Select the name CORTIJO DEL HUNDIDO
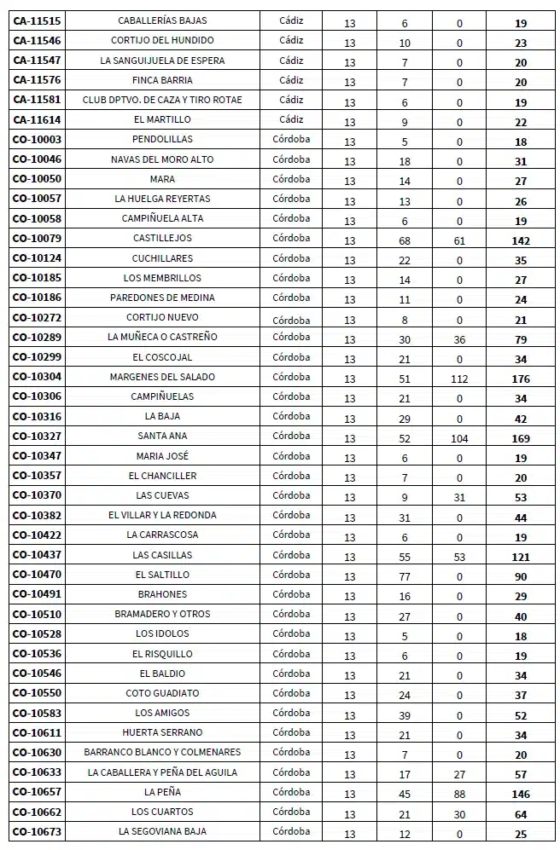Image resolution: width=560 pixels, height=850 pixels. click(x=162, y=40)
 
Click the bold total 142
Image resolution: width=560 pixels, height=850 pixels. click(x=521, y=241)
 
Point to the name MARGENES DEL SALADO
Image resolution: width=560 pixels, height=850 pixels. click(x=162, y=377)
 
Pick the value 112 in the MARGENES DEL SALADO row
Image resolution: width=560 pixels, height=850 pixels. click(x=459, y=379)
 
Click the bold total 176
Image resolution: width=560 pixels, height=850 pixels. click(x=521, y=379)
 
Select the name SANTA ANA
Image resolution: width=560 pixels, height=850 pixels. click(x=162, y=437)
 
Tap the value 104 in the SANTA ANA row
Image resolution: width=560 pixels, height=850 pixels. click(x=459, y=439)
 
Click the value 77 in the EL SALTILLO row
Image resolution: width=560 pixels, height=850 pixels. click(x=405, y=577)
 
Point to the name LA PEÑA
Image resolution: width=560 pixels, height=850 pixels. click(x=162, y=792)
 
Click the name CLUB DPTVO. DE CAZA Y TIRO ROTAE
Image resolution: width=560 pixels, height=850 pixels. click(x=162, y=100)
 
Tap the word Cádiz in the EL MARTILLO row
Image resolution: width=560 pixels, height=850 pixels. click(x=291, y=119)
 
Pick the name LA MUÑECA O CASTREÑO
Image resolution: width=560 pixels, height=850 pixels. click(x=162, y=337)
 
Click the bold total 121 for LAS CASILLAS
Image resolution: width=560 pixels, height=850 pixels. click(x=521, y=558)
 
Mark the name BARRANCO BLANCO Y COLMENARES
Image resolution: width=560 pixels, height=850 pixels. click(x=162, y=752)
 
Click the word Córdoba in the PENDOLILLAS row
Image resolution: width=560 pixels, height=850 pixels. click(x=291, y=139)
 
